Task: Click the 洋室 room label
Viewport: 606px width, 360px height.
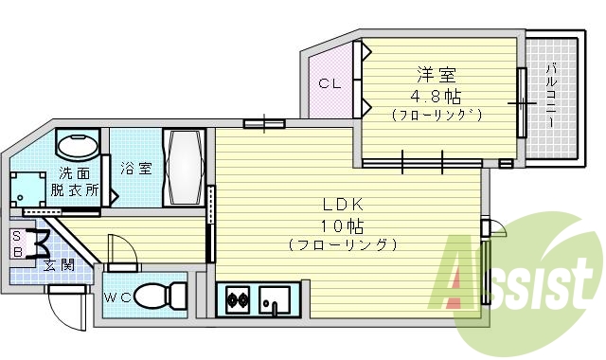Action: click(x=437, y=74)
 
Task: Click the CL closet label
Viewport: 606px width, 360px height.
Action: click(x=328, y=84)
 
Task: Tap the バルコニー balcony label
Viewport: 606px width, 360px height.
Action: click(x=551, y=95)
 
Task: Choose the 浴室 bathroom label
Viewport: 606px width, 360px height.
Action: click(x=136, y=169)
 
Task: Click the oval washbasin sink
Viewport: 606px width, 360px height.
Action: click(x=77, y=148)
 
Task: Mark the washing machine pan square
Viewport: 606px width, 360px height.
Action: click(x=27, y=189)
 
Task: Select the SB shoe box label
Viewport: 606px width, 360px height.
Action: click(x=16, y=243)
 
